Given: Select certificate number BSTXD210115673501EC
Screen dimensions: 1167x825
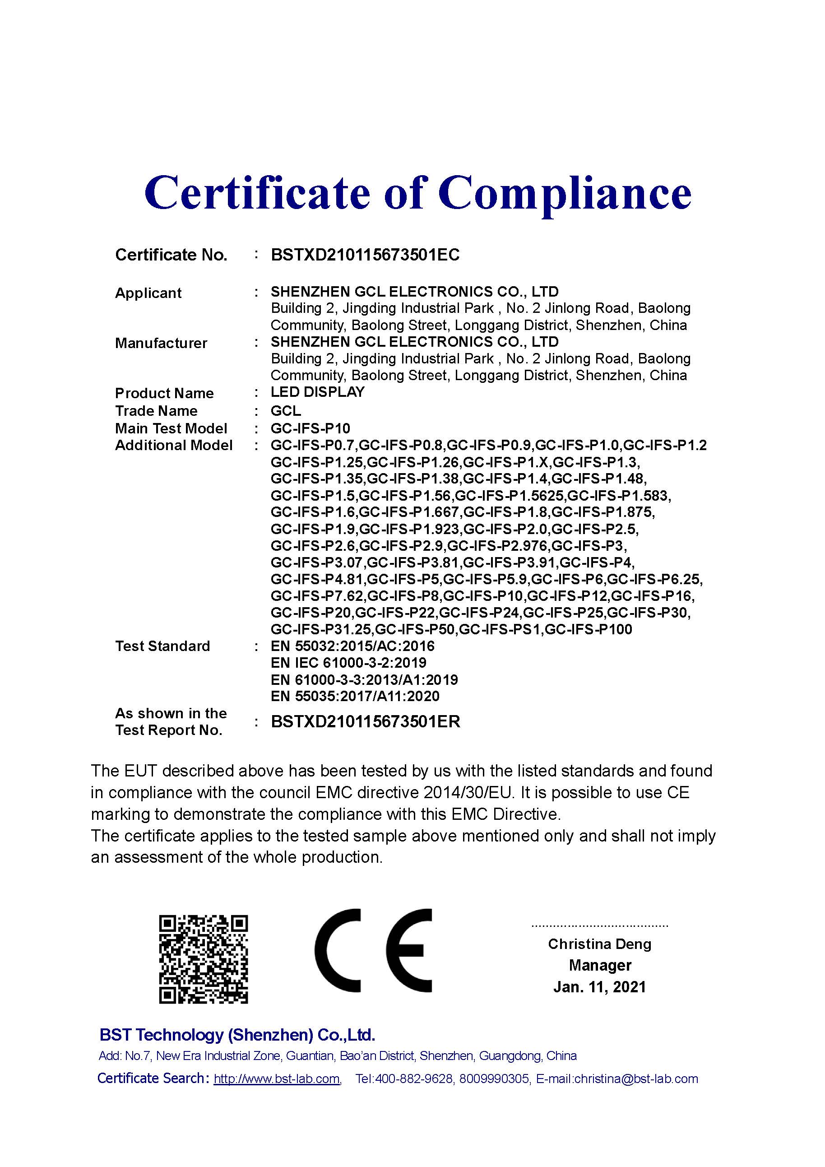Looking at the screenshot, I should (x=365, y=255).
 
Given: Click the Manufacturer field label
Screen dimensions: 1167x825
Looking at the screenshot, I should (x=161, y=343).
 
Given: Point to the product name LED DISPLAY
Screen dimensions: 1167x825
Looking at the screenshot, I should (x=318, y=392).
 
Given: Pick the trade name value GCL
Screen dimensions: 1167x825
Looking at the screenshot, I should (x=286, y=410).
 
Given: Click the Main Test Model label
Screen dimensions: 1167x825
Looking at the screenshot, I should (x=171, y=428).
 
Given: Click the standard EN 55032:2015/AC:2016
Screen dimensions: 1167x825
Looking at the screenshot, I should (x=352, y=646).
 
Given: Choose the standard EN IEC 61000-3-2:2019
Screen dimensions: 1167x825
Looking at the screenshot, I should (x=348, y=663).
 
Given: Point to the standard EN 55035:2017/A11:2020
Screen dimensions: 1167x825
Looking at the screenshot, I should (x=355, y=696).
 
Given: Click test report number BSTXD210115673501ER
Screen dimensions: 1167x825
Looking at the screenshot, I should (x=365, y=722).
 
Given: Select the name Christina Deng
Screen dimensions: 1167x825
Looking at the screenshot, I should (x=599, y=944).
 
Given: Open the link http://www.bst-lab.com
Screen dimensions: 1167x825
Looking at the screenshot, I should (x=276, y=1079).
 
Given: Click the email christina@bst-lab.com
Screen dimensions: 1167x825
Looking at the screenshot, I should (x=636, y=1079).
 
